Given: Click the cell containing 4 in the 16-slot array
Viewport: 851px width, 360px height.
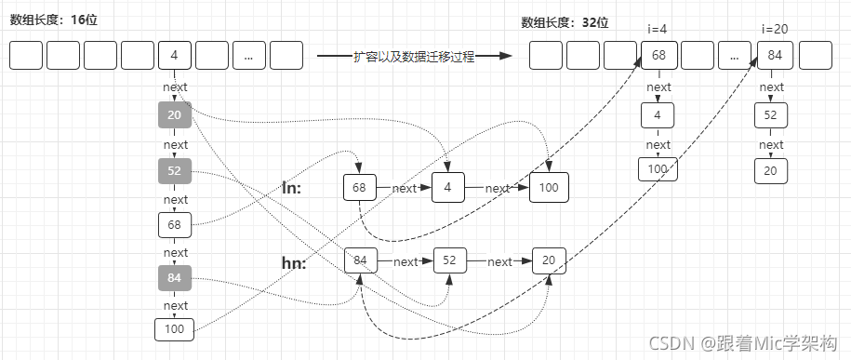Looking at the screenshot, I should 175,56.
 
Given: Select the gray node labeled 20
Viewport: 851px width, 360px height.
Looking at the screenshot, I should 175,115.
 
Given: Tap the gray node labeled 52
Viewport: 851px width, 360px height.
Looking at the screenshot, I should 175,171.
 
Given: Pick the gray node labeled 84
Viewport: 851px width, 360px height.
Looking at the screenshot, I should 175,277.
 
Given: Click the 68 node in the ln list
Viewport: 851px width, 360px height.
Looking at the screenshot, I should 359,188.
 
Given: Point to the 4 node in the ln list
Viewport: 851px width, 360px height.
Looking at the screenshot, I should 447,188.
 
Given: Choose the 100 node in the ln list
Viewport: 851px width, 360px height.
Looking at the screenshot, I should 549,188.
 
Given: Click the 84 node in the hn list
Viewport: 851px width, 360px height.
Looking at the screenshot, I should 360,261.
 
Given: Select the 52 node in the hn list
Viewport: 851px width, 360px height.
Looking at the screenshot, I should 450,261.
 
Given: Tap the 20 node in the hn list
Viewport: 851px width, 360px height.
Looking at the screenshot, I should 550,261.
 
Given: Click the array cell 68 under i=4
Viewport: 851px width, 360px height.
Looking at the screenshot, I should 658,56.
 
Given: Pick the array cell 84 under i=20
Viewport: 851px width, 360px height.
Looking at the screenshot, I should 774,56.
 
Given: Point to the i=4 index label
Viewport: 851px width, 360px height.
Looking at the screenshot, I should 658,30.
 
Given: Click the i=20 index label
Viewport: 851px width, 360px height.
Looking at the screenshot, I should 774,30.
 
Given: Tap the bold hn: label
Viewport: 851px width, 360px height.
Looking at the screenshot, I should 294,262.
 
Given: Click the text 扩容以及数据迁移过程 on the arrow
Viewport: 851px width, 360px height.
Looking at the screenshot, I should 414,57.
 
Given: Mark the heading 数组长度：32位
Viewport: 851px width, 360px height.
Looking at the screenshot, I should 565,22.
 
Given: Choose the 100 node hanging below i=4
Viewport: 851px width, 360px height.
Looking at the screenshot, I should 658,169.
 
